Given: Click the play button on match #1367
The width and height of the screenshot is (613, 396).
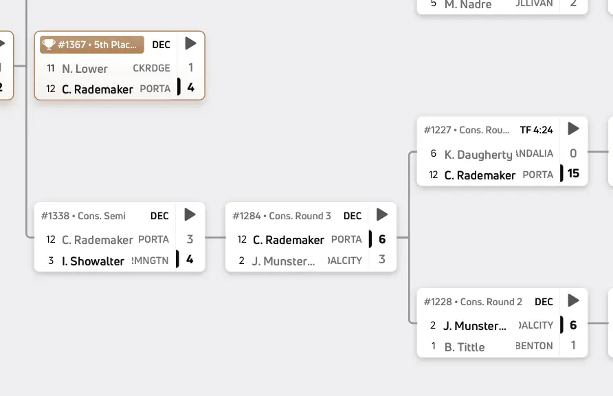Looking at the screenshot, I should pyautogui.click(x=191, y=44).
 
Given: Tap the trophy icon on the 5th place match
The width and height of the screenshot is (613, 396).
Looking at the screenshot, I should pyautogui.click(x=48, y=45).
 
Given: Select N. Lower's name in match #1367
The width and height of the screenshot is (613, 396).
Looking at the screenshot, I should pyautogui.click(x=85, y=69).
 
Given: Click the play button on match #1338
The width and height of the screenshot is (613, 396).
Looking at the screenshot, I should pyautogui.click(x=190, y=215).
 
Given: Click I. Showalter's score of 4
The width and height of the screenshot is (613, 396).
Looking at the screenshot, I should pyautogui.click(x=190, y=260).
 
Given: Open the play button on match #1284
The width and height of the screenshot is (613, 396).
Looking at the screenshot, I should pyautogui.click(x=382, y=215).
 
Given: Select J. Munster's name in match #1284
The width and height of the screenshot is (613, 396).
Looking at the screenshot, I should pyautogui.click(x=284, y=261).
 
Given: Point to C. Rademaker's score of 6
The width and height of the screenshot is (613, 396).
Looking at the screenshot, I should pyautogui.click(x=382, y=239).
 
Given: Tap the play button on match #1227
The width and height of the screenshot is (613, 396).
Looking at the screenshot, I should pyautogui.click(x=573, y=129).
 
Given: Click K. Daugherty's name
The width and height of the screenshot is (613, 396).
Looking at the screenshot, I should pyautogui.click(x=478, y=155).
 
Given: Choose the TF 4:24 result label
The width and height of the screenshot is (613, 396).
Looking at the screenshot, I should pyautogui.click(x=536, y=129).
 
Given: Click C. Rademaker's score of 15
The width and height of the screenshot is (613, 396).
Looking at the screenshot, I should pyautogui.click(x=573, y=174).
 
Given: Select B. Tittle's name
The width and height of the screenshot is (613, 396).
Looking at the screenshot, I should pyautogui.click(x=465, y=347).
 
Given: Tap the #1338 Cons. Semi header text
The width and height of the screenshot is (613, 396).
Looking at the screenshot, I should pyautogui.click(x=83, y=216).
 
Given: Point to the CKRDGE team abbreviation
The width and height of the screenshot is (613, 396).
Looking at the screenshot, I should pyautogui.click(x=151, y=69).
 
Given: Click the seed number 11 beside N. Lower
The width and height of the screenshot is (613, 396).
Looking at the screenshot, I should pyautogui.click(x=51, y=69).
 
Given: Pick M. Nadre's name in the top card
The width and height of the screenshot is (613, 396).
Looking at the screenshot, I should pyautogui.click(x=468, y=5).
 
